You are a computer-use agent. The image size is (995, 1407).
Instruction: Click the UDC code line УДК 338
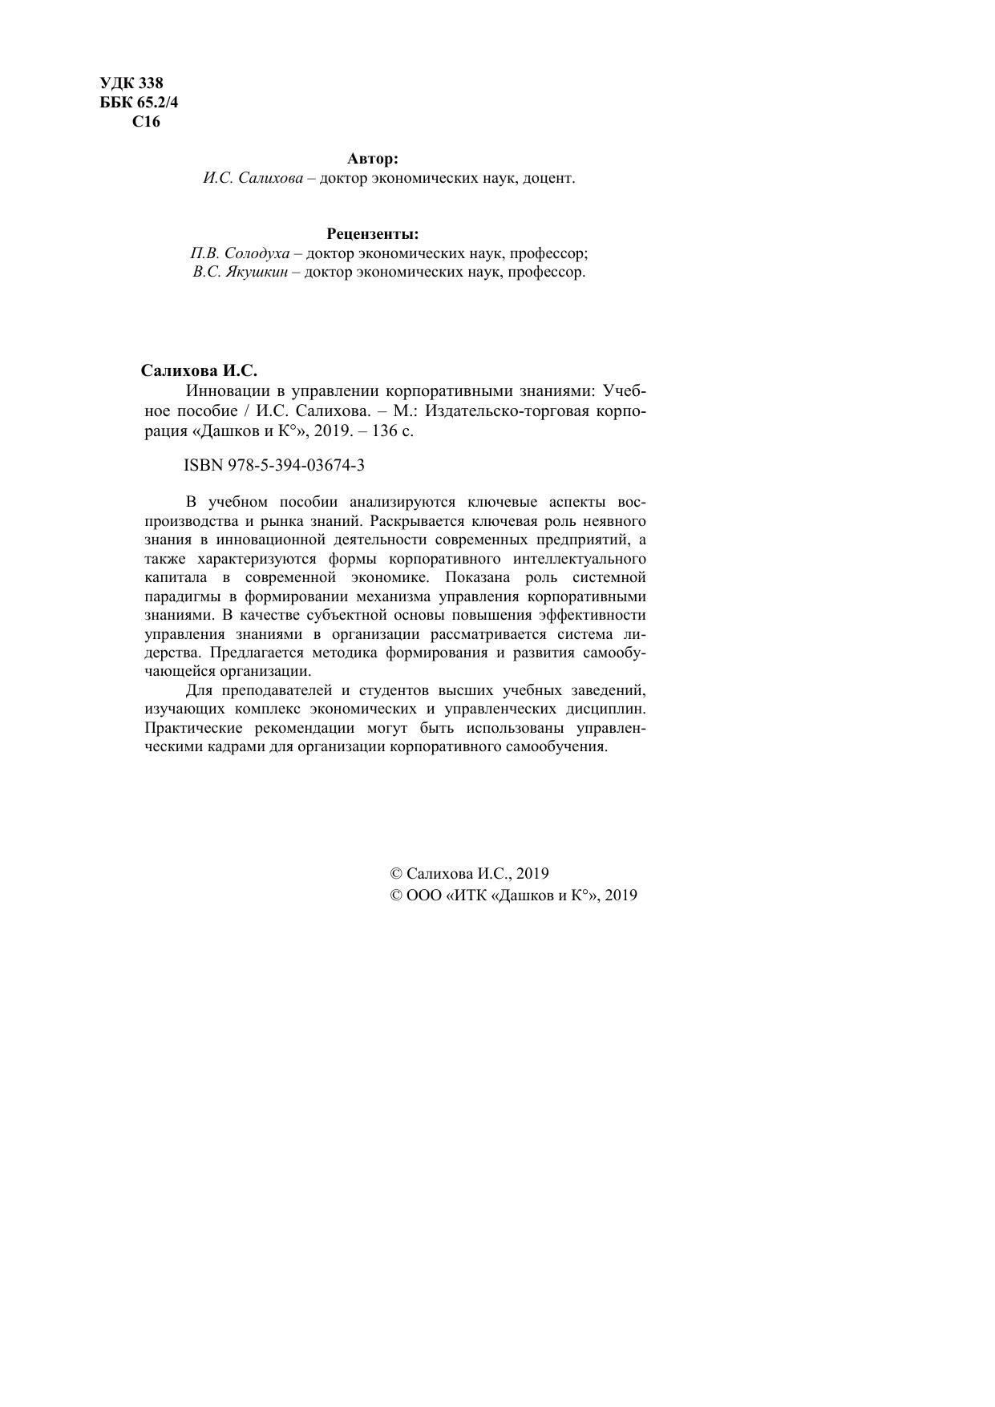pyautogui.click(x=131, y=83)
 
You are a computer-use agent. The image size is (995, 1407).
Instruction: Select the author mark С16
pyautogui.click(x=146, y=122)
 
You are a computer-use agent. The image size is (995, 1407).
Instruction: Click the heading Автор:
pyautogui.click(x=373, y=159)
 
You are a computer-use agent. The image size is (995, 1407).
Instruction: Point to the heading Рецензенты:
pyautogui.click(x=373, y=234)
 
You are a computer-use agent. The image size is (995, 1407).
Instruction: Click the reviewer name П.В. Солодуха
pyautogui.click(x=240, y=253)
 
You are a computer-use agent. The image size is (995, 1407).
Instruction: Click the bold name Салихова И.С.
pyautogui.click(x=199, y=370)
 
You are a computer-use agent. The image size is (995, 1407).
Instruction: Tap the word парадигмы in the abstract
pyautogui.click(x=180, y=596)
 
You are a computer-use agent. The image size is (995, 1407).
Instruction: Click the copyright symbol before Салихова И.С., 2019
pyautogui.click(x=395, y=874)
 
